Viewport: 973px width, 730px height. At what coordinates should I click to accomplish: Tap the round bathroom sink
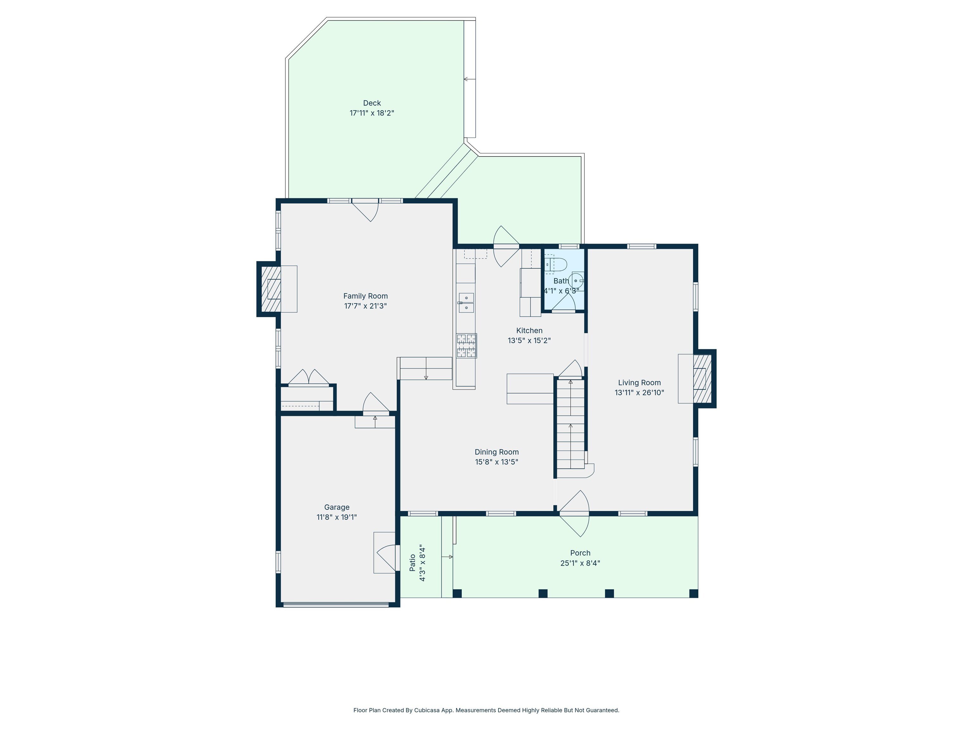pos(577,281)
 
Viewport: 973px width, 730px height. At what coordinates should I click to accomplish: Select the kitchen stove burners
pos(466,345)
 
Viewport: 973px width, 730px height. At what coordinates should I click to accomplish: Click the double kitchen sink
pos(466,303)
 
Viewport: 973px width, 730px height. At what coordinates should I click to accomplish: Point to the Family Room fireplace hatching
pos(271,289)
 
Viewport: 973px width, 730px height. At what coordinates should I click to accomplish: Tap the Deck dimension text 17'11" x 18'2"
pos(372,113)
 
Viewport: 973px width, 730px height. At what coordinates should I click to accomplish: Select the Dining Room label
pos(497,452)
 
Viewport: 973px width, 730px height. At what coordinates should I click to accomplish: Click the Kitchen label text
pos(529,330)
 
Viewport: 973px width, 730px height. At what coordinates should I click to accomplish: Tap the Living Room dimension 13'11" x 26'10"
pos(639,393)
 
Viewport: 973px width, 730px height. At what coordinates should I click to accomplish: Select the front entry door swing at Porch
pos(574,514)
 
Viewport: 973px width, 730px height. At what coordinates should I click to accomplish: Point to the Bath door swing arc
pos(564,301)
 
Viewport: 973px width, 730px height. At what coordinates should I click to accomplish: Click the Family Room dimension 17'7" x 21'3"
pos(365,306)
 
